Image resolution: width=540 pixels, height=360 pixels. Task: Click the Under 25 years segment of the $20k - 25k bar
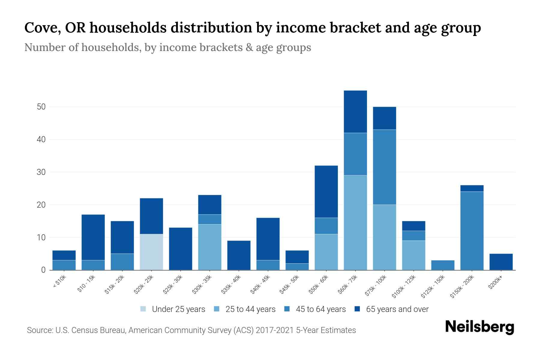(151, 252)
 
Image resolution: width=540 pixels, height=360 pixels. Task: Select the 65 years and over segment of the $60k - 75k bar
(355, 112)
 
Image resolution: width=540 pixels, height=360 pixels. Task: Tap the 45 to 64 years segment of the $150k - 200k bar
(472, 231)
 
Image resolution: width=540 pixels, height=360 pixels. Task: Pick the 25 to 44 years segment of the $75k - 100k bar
(384, 237)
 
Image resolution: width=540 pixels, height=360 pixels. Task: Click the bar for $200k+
(501, 262)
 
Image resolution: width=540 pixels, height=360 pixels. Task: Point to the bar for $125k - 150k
(443, 265)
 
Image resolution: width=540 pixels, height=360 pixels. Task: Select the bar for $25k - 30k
(181, 249)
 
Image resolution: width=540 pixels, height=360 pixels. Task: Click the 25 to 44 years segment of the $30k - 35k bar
(210, 247)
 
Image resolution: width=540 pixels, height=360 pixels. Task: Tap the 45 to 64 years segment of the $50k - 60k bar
(326, 226)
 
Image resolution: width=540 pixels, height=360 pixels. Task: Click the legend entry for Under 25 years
(178, 309)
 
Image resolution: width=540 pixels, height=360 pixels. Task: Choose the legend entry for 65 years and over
(397, 309)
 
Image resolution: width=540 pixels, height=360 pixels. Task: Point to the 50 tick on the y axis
(41, 107)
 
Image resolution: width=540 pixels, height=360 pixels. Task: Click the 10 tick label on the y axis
(41, 238)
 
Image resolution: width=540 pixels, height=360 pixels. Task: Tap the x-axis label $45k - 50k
(289, 284)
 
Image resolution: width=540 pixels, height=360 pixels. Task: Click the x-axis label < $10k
(59, 282)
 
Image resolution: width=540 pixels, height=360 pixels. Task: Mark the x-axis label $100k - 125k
(404, 286)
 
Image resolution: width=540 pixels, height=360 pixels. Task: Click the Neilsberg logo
(479, 327)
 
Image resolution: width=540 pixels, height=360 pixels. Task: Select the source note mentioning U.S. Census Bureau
(191, 330)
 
